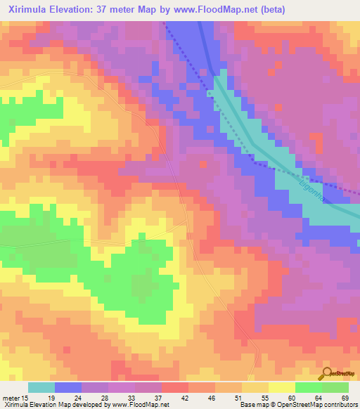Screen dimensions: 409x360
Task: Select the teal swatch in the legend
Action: [x=41, y=387]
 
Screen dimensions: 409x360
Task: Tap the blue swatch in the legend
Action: [x=68, y=387]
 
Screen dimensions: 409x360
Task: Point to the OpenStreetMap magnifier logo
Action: [x=326, y=372]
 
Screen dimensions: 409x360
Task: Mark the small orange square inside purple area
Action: [x=202, y=164]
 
